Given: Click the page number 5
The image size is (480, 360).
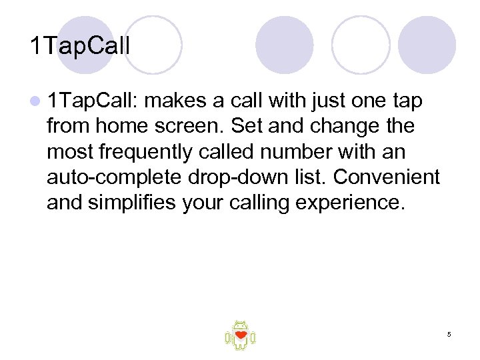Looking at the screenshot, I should (x=449, y=334).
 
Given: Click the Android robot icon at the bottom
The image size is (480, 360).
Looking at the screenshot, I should (x=240, y=335).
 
